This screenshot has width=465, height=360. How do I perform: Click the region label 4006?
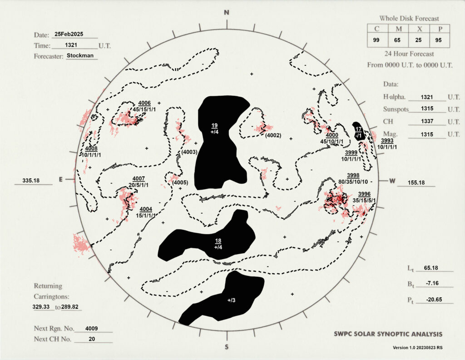tap(144, 103)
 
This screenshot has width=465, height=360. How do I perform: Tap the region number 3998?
tap(353, 175)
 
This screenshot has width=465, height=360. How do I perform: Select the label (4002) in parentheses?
tap(273, 135)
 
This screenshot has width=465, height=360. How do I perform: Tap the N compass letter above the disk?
tap(227, 12)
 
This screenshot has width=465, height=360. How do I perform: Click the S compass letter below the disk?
tap(227, 347)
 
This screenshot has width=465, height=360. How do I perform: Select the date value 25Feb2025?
tap(69, 34)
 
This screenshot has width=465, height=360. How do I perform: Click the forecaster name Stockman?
tap(80, 55)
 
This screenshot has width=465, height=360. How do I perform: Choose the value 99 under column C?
tap(376, 40)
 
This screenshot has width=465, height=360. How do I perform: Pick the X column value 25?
tap(418, 40)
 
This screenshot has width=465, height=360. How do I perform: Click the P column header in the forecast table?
tap(440, 29)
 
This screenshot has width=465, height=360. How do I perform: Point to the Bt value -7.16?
tap(432, 283)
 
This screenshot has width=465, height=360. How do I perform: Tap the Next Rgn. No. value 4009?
tap(91, 329)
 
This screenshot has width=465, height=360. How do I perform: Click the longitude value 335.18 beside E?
tap(31, 180)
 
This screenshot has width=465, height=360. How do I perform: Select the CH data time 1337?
tap(427, 121)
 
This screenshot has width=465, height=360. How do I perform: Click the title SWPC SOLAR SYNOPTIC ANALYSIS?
tap(388, 334)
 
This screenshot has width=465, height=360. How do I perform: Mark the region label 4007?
tap(139, 179)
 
